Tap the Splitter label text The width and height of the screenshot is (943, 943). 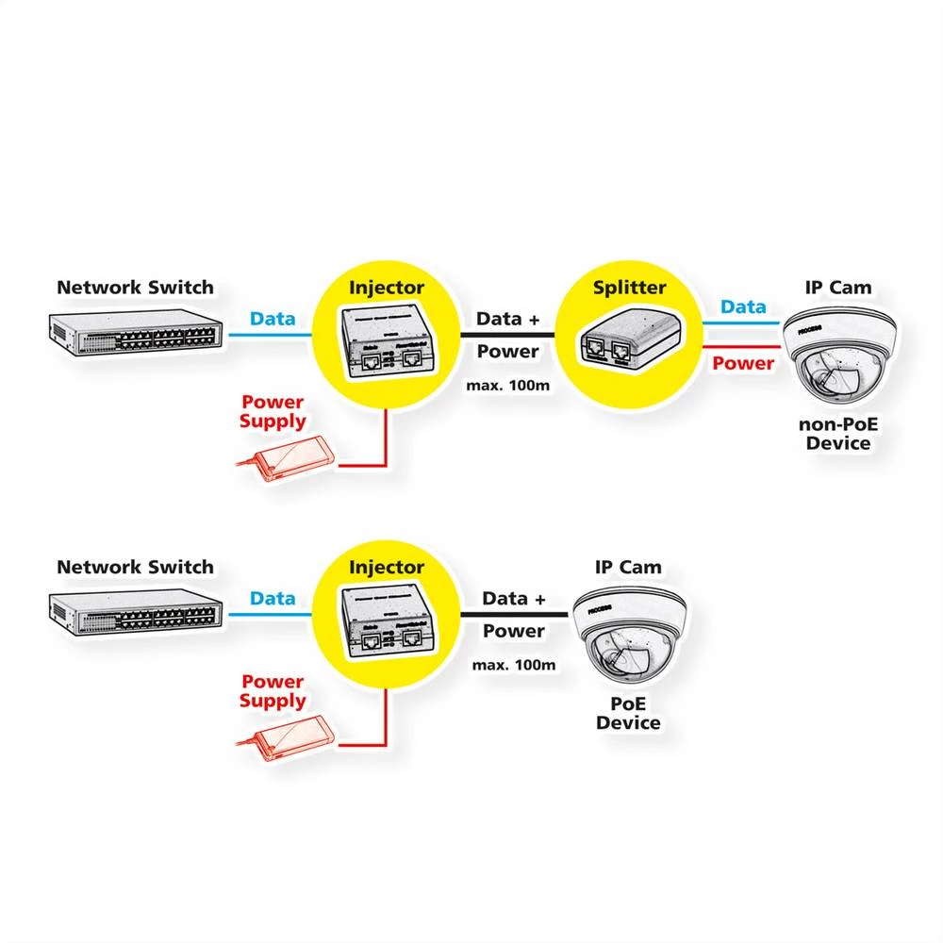click(630, 288)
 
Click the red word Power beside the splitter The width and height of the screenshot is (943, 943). click(743, 363)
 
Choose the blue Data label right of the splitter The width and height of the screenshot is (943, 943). click(743, 306)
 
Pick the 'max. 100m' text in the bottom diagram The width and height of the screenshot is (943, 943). click(514, 665)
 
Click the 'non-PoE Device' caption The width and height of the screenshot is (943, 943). click(837, 433)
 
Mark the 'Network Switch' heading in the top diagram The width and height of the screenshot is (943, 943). click(135, 287)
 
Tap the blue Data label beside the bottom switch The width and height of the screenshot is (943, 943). click(273, 598)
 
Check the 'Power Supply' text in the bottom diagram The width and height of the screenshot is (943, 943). click(273, 690)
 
